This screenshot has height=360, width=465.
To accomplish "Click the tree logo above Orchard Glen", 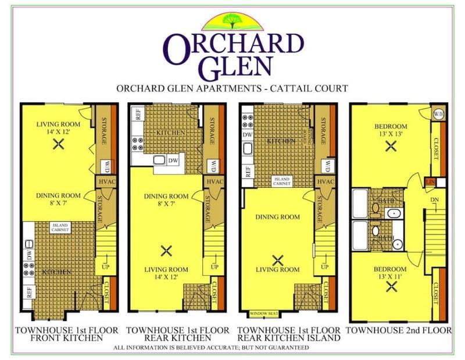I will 231,22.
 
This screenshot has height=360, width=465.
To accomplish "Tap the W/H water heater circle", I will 438,114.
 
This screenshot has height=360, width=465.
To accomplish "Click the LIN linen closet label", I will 431,183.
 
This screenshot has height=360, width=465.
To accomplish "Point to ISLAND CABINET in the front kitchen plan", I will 60,228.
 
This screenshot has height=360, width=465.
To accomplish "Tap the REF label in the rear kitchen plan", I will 138,114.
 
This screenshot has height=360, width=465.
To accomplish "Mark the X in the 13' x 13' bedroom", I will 391,147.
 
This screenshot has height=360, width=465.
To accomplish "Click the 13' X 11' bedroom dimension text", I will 391,276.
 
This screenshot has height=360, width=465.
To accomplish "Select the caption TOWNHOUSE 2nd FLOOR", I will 398,330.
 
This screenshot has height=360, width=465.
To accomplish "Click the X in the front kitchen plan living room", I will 58,145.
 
